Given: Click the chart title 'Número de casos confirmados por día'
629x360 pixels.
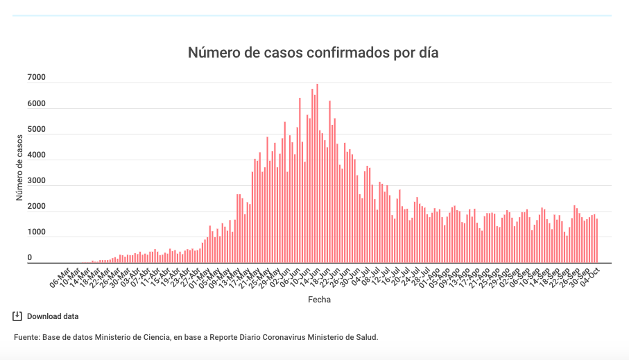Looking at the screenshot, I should pos(313,53).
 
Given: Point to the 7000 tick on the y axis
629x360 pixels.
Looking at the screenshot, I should pos(36,78).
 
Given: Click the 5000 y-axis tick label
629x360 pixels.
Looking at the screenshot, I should pos(36,130).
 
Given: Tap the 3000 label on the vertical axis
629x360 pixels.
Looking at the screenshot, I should pos(36,181).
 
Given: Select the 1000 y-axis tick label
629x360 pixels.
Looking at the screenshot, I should pos(36,232).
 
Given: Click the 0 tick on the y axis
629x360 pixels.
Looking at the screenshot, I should pos(30,258).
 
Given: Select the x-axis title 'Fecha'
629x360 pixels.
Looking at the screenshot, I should pos(319,300).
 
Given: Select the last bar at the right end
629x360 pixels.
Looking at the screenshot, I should pos(596,240).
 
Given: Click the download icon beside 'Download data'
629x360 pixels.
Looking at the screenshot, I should pos(17,316).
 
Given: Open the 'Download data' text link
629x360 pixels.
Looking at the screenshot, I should pos(53,316).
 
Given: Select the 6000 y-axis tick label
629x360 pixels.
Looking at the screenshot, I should pos(36,104).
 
